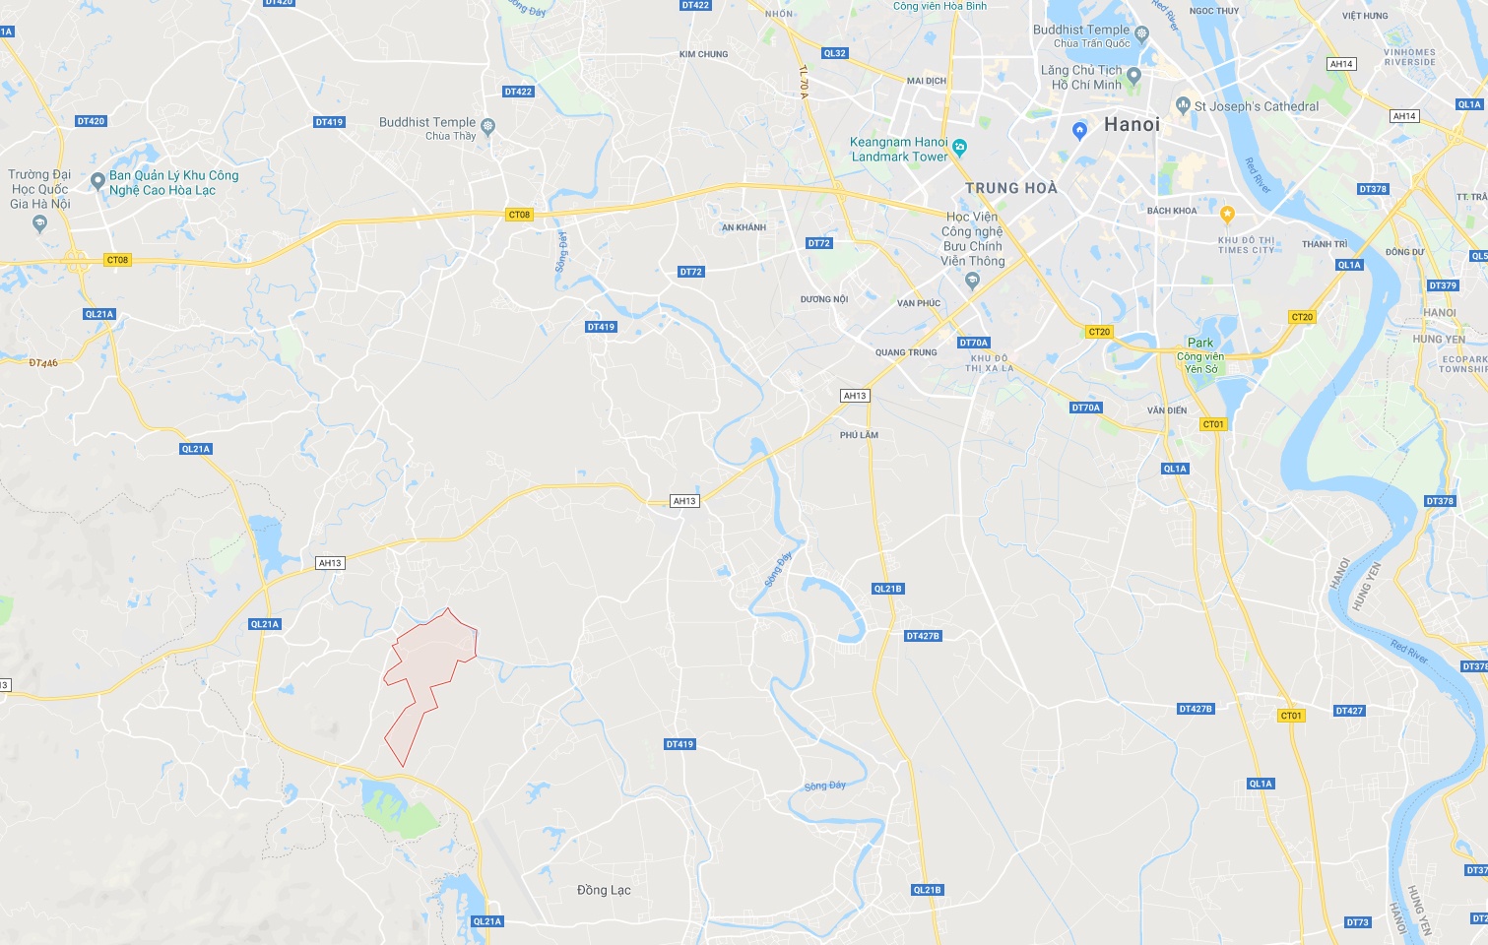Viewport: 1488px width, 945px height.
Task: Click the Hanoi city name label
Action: pos(1132,125)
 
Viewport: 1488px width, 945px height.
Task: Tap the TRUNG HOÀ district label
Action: pos(1010,188)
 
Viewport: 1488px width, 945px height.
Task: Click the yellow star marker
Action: pos(1227,214)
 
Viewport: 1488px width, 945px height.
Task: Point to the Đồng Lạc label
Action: pos(604,890)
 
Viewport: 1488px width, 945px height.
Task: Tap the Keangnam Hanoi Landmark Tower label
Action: pos(899,150)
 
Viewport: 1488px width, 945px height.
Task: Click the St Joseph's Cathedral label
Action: pos(1256,106)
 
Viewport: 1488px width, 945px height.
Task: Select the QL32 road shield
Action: pos(834,53)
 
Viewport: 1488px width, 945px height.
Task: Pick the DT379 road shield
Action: pos(1442,285)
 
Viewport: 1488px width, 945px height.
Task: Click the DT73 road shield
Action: pos(1357,922)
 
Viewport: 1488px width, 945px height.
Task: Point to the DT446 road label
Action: pos(43,363)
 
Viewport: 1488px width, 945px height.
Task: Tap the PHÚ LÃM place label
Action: pos(859,435)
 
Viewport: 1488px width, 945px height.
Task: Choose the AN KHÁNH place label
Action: pos(744,227)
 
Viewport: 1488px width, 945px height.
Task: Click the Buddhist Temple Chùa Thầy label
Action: pos(427,129)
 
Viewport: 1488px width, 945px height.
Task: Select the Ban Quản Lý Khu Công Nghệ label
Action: pos(173,183)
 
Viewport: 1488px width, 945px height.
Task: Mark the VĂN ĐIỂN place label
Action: pos(1167,410)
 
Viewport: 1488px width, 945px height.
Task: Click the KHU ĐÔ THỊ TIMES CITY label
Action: pos(1246,245)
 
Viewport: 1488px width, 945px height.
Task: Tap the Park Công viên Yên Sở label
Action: pos(1200,355)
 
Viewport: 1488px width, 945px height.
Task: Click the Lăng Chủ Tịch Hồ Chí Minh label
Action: pos(1082,78)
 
